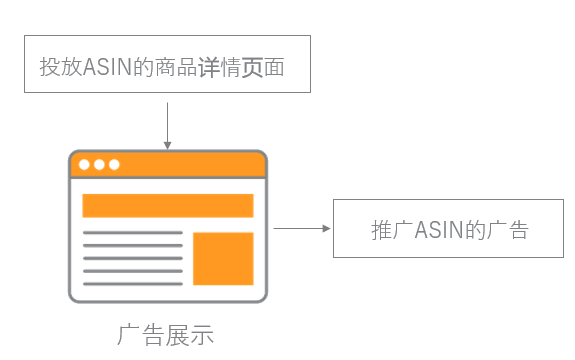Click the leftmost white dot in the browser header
[84, 164]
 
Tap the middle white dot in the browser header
[99, 164]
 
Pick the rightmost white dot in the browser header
[114, 164]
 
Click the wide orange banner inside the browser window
[167, 205]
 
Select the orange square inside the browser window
[223, 258]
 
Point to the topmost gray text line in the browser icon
[132, 233]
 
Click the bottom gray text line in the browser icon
[132, 283]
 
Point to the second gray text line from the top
[132, 246]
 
